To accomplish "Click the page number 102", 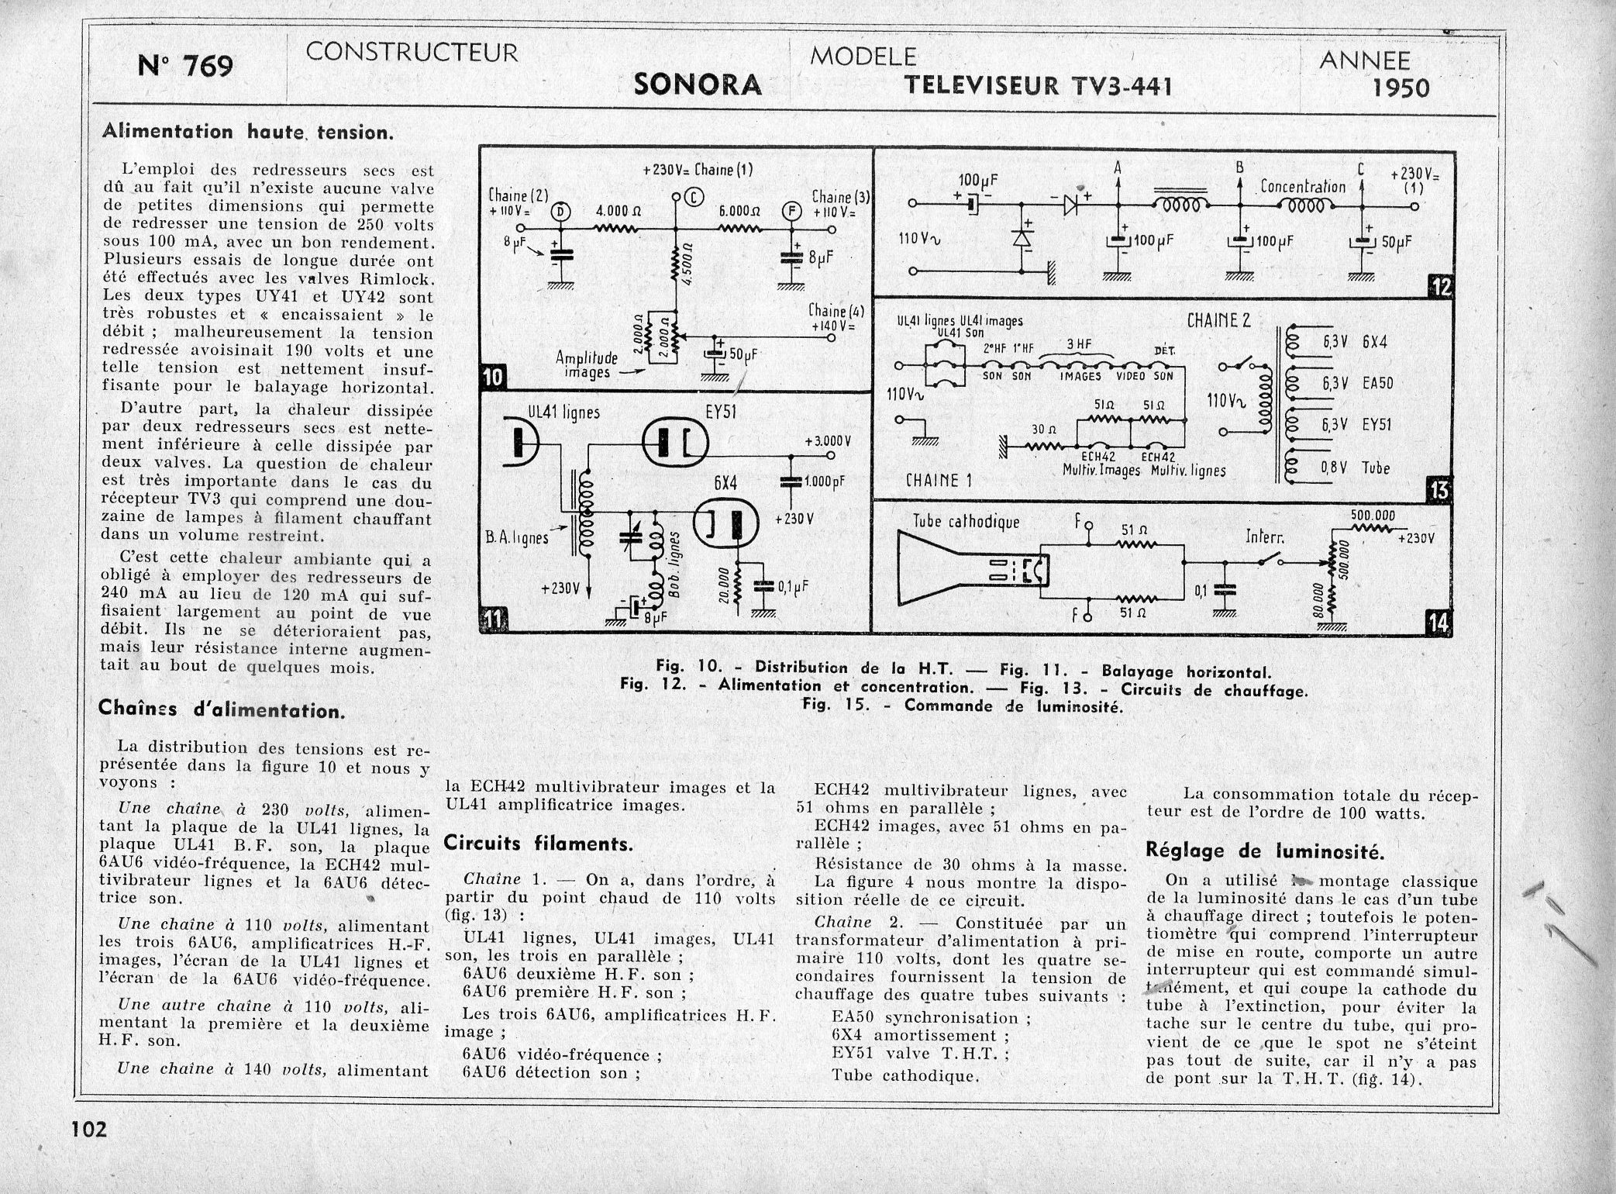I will [x=89, y=1128].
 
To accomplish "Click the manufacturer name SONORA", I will [x=698, y=85].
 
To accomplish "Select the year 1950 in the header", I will [x=1401, y=88].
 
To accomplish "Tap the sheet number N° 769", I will [x=185, y=66].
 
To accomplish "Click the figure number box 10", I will [x=493, y=378].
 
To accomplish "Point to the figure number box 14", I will [x=1438, y=623].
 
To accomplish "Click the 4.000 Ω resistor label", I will [x=617, y=211].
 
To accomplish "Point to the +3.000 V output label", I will [x=828, y=440].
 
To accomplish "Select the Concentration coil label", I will [x=1302, y=187].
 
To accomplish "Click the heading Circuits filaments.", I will [x=539, y=844].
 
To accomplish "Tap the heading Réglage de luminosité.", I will [x=1264, y=851].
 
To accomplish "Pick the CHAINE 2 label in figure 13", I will [x=1218, y=320].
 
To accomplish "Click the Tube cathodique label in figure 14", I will [x=966, y=522].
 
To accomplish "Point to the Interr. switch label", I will [x=1266, y=537].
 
